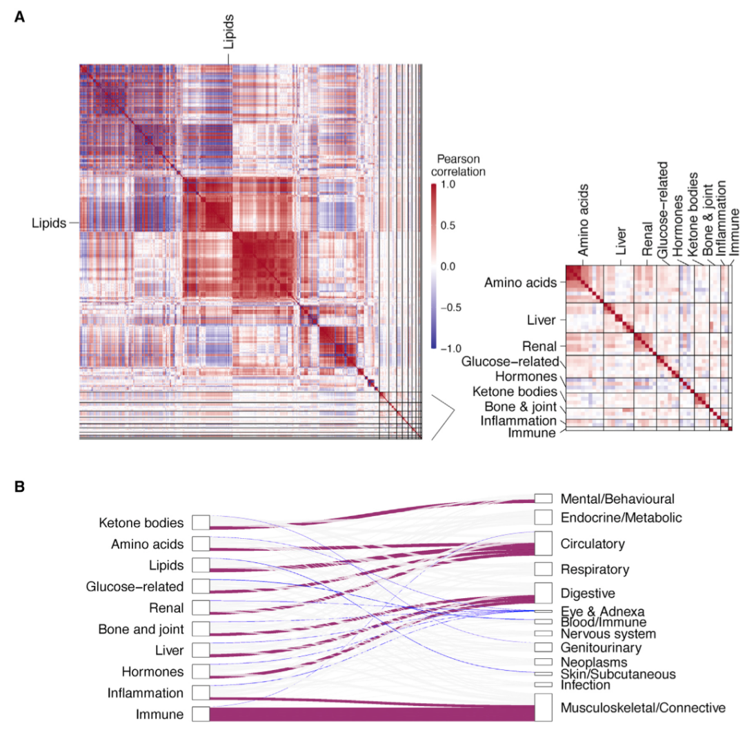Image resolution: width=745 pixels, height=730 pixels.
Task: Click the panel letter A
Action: [19, 17]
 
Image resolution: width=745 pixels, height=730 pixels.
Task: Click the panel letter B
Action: [19, 486]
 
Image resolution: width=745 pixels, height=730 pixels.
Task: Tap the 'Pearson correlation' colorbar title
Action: [458, 165]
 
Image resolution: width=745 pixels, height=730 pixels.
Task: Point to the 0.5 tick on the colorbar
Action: [448, 225]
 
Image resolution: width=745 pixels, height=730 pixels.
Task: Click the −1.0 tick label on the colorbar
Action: [451, 348]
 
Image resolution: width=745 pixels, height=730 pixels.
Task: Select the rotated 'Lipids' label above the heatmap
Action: [228, 31]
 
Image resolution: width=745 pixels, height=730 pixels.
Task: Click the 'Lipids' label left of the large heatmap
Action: [49, 223]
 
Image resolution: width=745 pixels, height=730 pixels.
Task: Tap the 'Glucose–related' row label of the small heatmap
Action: [510, 362]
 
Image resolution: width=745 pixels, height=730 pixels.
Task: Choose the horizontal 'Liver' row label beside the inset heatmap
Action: [542, 320]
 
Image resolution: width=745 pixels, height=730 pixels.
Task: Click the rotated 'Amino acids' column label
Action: [583, 219]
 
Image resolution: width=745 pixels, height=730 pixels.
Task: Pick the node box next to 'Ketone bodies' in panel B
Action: [201, 522]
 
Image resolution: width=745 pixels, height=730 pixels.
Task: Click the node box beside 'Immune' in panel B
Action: [201, 714]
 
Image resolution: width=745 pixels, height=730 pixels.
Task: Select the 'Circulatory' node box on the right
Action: [544, 543]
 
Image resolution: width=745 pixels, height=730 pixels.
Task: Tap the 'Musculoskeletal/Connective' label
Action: [643, 708]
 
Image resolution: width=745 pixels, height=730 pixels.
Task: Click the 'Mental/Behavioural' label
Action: [617, 499]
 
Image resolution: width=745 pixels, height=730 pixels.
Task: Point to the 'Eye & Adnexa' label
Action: [602, 611]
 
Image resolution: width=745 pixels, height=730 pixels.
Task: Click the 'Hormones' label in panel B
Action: [152, 671]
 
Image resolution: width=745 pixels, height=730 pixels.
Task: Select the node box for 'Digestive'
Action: [544, 593]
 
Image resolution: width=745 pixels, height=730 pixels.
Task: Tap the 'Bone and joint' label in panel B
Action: [141, 629]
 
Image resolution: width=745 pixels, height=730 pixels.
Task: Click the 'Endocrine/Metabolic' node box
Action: [544, 517]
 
